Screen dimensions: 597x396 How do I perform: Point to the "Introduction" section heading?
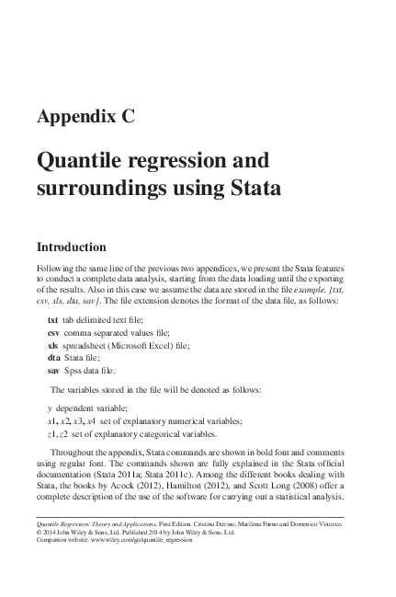coord(72,247)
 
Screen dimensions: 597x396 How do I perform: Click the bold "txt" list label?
coord(52,318)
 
